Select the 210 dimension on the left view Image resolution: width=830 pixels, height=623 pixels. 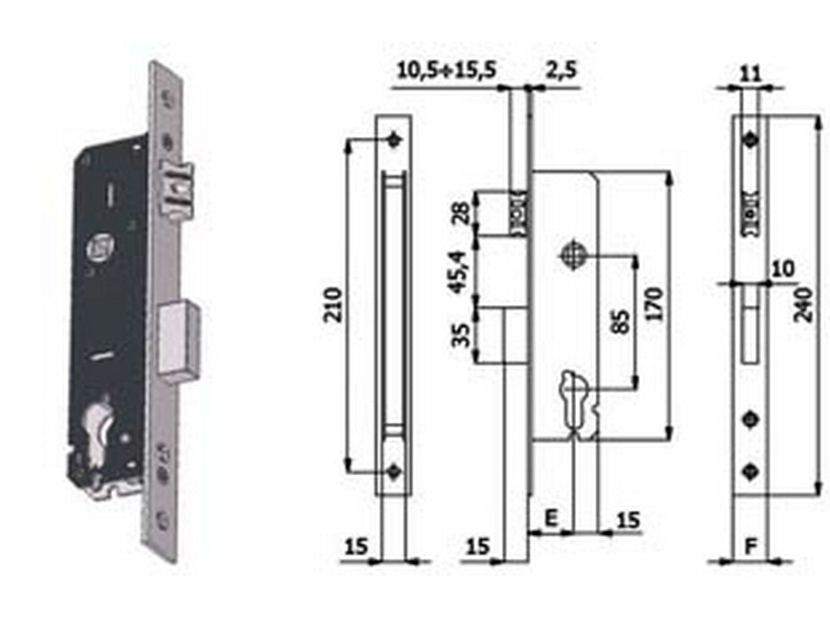(x=334, y=305)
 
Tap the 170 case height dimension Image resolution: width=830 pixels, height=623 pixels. (x=652, y=305)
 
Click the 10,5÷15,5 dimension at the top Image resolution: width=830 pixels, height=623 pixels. (x=447, y=70)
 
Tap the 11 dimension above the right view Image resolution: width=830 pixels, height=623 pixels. (x=749, y=71)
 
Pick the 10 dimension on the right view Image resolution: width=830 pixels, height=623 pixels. (x=781, y=268)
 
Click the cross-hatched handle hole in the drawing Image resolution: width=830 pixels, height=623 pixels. (x=573, y=255)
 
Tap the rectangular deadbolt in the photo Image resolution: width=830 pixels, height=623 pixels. (x=181, y=339)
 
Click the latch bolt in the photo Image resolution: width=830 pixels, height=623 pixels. (x=177, y=187)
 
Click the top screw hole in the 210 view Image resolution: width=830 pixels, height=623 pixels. (x=394, y=140)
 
